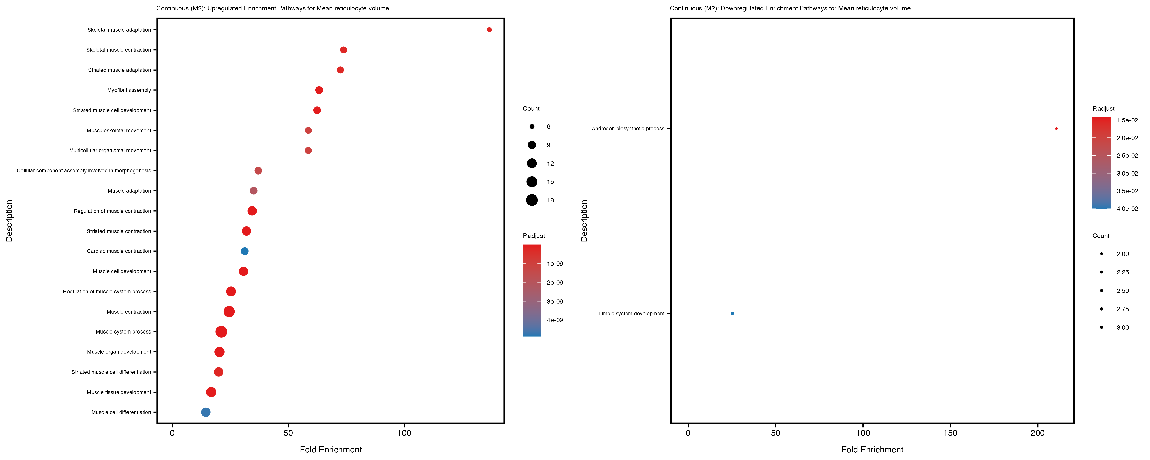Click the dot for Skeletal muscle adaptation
point(489,30)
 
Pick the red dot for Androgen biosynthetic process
point(1056,129)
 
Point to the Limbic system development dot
point(732,314)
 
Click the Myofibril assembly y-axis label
point(129,90)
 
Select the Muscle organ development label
point(119,352)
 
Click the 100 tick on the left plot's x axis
point(404,433)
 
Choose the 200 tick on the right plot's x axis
point(1038,433)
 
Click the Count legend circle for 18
point(532,200)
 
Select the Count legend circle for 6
point(532,127)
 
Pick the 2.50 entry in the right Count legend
point(1122,291)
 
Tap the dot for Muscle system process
point(221,332)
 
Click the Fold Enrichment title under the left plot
point(331,449)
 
